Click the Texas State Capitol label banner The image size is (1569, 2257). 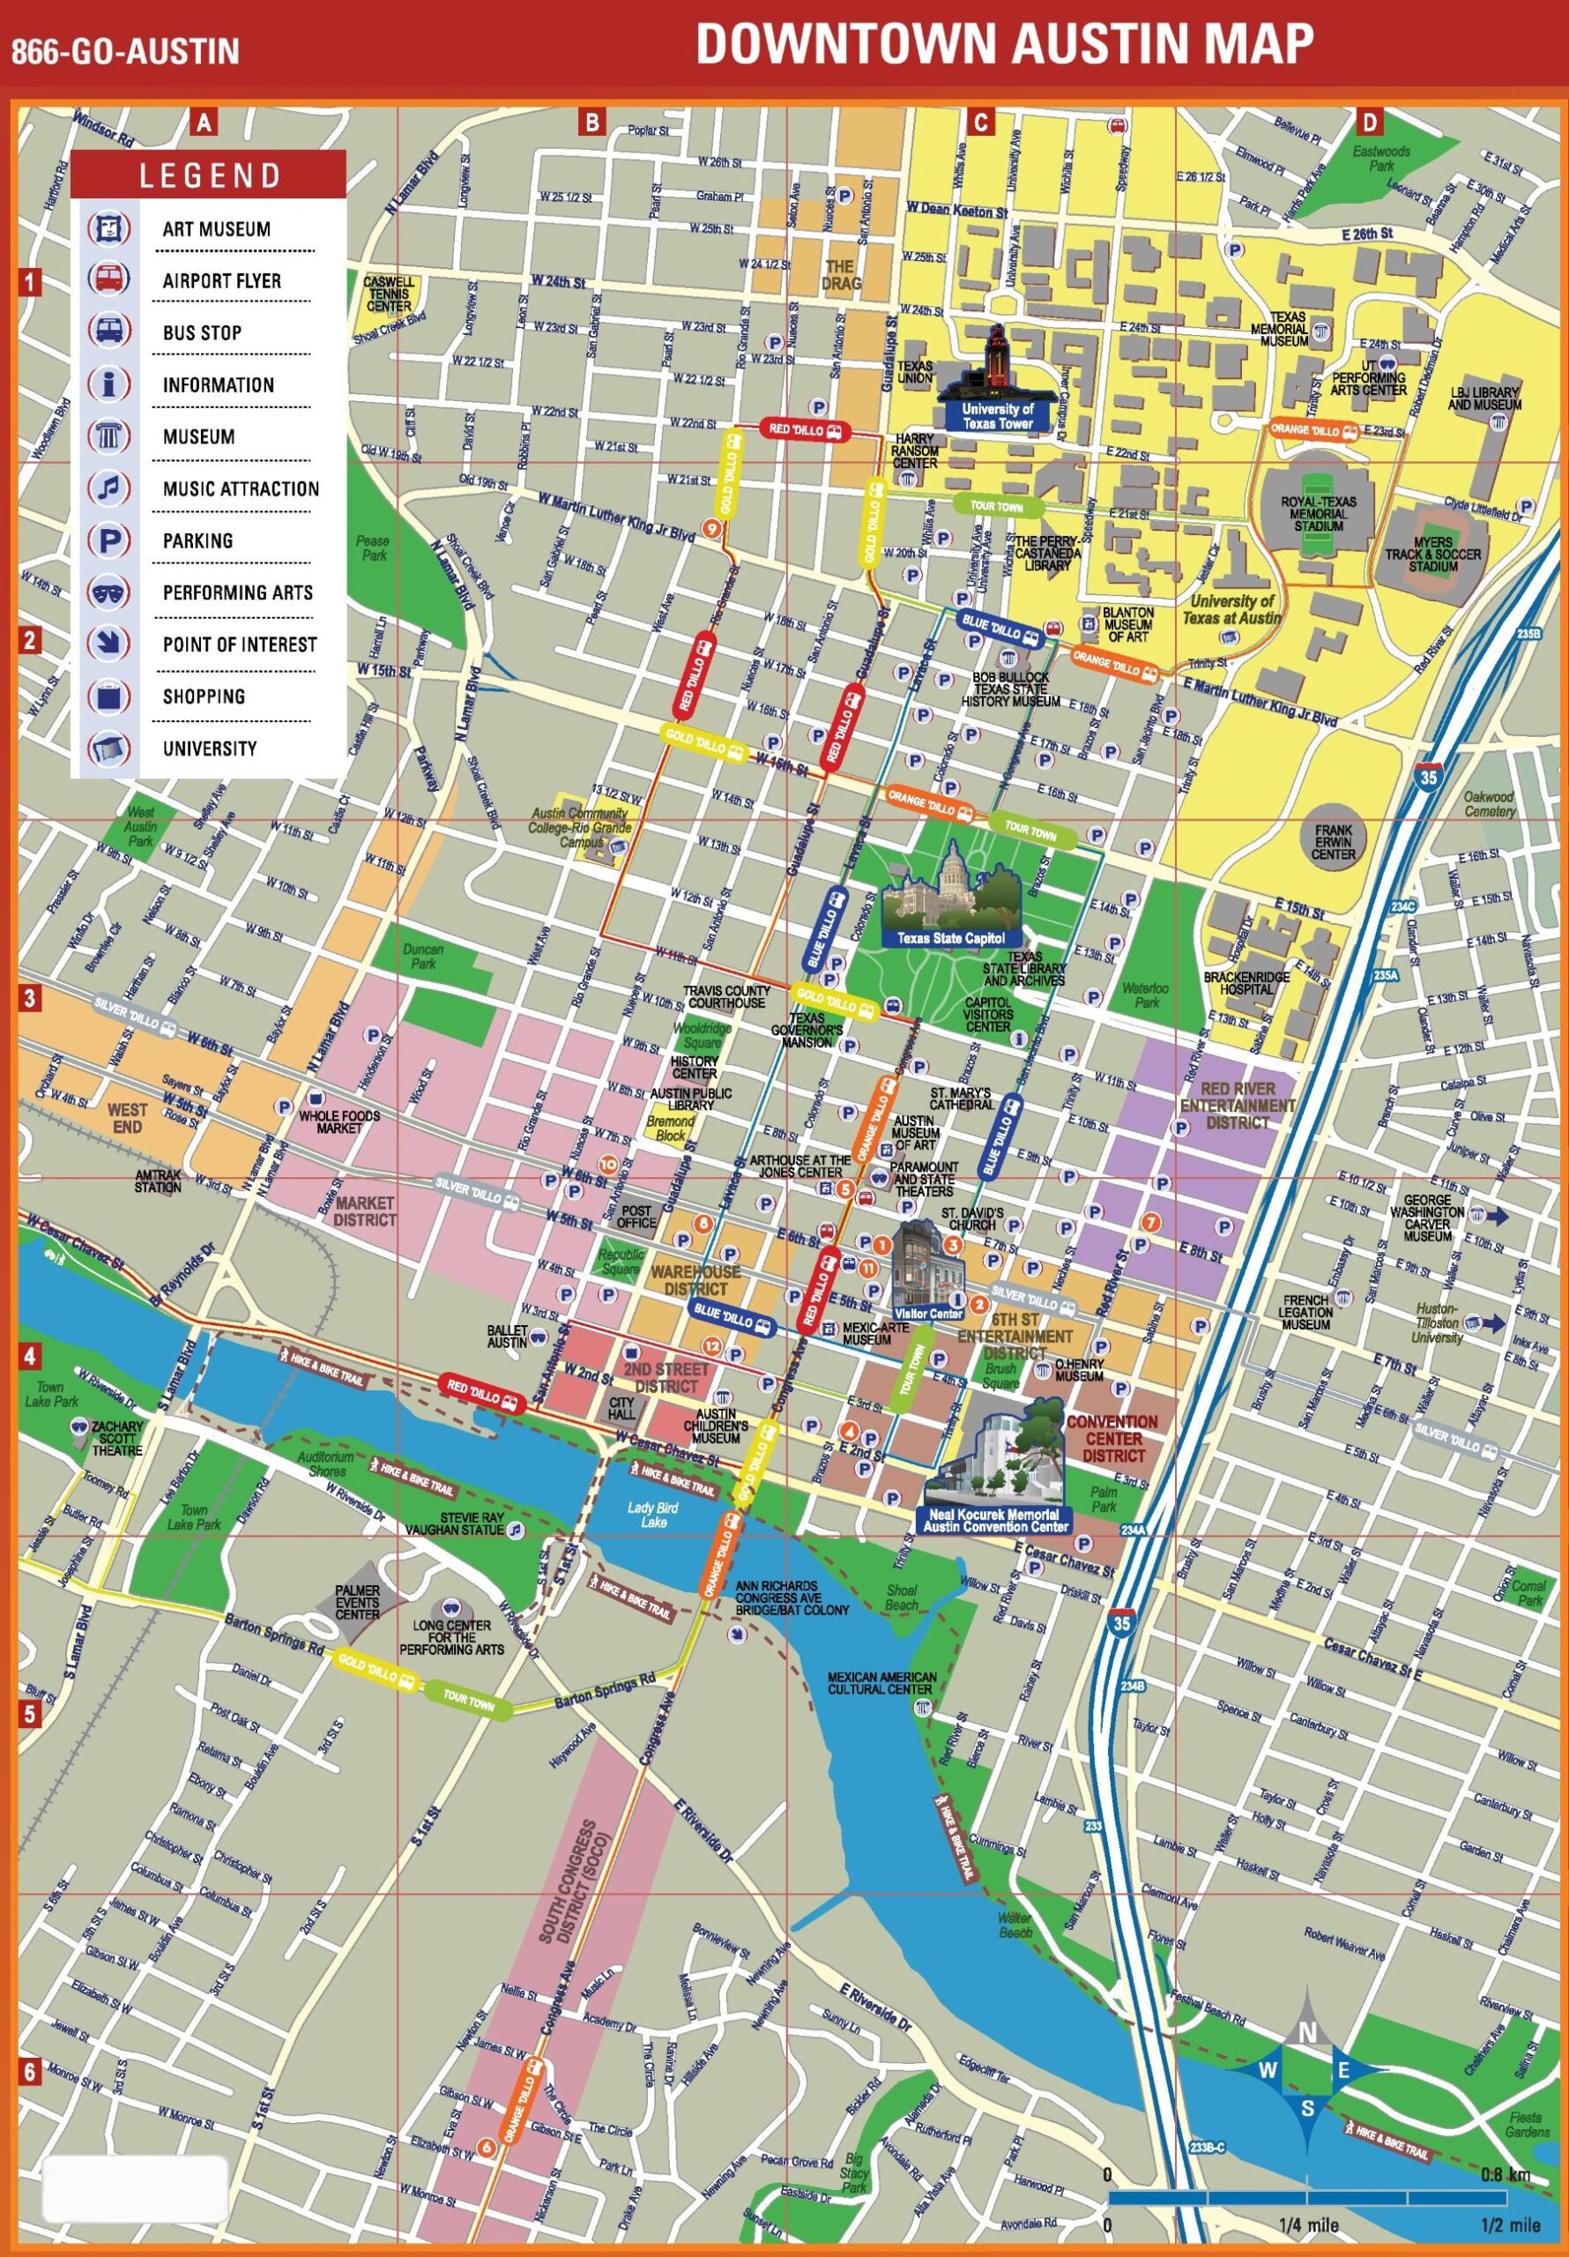tap(950, 938)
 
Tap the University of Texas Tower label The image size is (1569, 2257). tap(997, 416)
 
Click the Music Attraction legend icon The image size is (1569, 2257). tap(109, 488)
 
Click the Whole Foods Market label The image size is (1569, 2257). tap(339, 1121)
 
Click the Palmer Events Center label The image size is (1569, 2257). tap(357, 1602)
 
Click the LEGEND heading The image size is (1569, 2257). tap(210, 177)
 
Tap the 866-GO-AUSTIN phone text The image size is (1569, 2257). tap(125, 51)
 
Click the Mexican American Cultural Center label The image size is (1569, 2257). tap(881, 1683)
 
